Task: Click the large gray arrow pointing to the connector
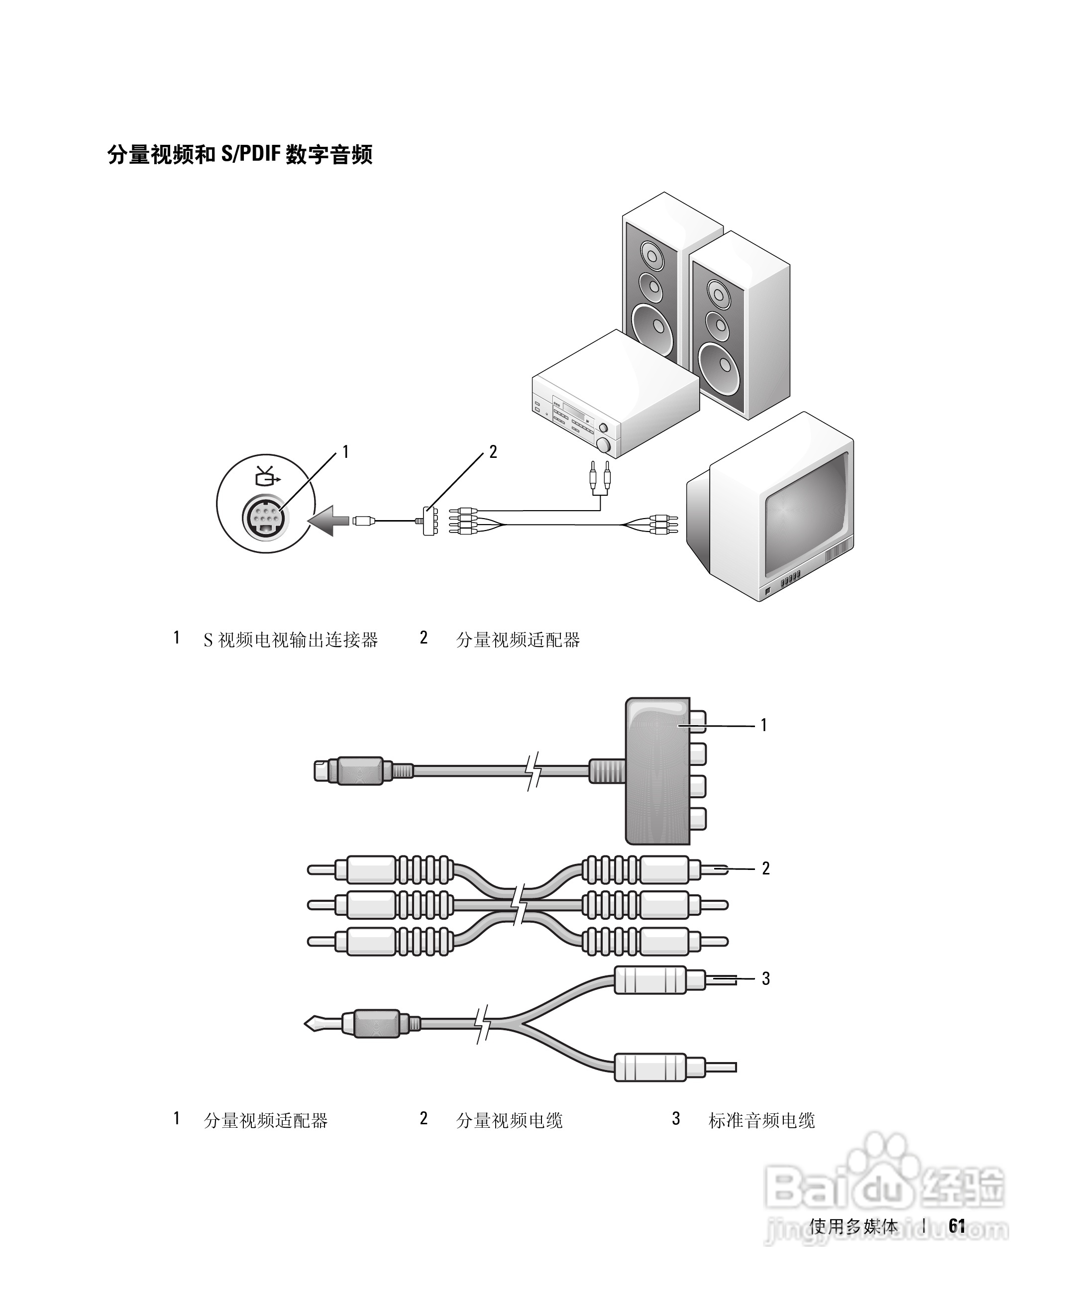[330, 520]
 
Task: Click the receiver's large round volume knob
[603, 445]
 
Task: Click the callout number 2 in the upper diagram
[493, 452]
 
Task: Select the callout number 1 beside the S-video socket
[345, 452]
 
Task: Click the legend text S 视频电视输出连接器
[291, 640]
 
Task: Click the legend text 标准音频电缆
[762, 1120]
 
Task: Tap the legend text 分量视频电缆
[509, 1120]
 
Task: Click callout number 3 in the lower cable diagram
[765, 978]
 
